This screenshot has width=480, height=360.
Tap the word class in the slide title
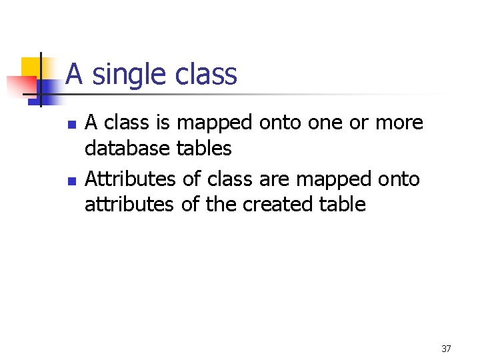[206, 74]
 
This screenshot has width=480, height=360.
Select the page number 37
[446, 349]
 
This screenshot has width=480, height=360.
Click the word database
[127, 149]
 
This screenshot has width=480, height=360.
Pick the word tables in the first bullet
[203, 149]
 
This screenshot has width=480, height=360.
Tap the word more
[399, 123]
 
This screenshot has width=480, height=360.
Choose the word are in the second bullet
[273, 179]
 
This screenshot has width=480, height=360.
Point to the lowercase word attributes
[129, 204]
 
